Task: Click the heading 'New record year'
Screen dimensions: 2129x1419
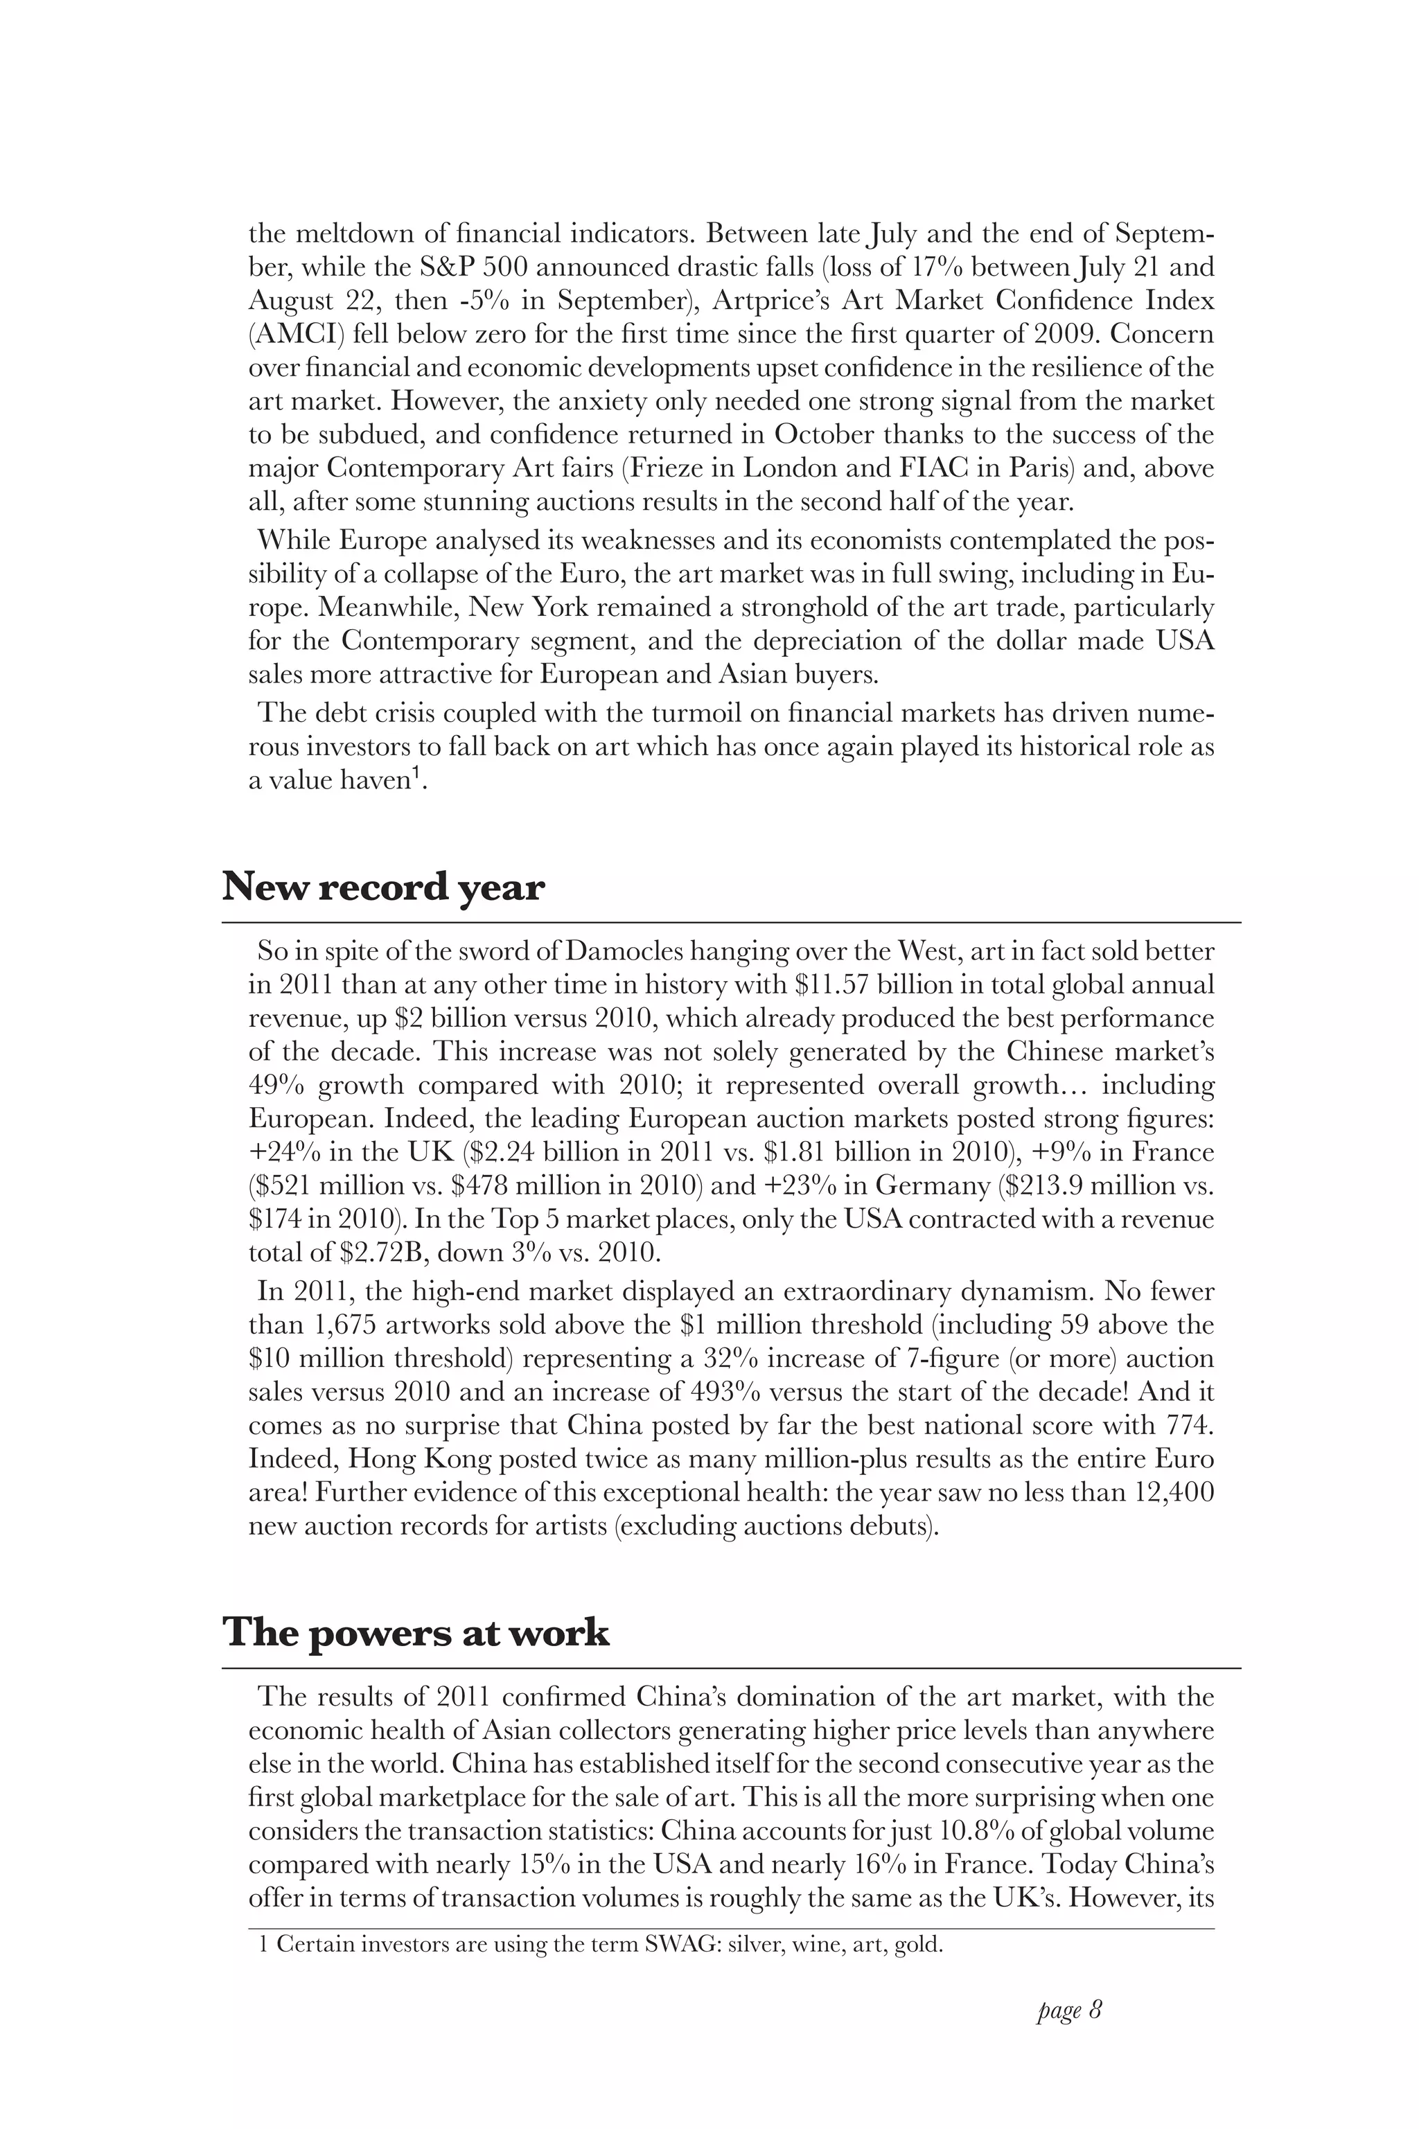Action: pyautogui.click(x=382, y=887)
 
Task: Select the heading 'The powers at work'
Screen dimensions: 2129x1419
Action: pyautogui.click(x=416, y=1632)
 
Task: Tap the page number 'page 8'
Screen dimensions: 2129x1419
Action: pyautogui.click(x=1069, y=2011)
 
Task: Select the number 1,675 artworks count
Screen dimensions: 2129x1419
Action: pyautogui.click(x=345, y=1325)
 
